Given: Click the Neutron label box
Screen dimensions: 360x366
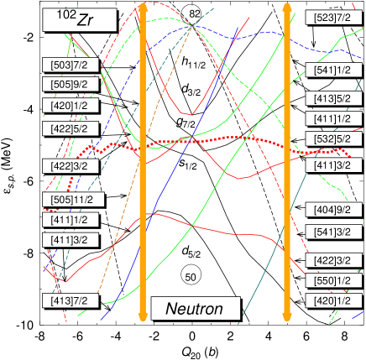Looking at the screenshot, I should click(x=195, y=309).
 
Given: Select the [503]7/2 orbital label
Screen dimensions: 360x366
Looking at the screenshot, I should click(x=71, y=65).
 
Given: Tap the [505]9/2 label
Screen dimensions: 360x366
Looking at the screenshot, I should click(x=71, y=84).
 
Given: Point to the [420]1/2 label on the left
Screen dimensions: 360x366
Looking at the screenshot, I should click(x=71, y=106).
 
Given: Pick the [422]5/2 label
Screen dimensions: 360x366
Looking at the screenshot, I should click(x=71, y=128).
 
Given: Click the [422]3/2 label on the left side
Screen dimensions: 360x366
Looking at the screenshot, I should click(x=71, y=166).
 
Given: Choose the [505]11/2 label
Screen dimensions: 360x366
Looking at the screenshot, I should click(x=73, y=200).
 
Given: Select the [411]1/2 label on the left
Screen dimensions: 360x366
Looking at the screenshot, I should click(x=71, y=220).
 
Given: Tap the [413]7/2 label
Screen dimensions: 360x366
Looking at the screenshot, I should click(x=71, y=300).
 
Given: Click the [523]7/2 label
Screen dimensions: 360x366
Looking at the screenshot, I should click(x=332, y=18).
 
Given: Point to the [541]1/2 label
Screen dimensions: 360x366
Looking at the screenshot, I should click(x=332, y=70).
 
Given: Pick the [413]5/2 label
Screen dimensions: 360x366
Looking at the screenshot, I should click(x=332, y=99).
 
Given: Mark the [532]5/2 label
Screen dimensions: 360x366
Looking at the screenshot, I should click(x=332, y=138).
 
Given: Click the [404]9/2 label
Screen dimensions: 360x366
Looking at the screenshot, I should click(x=332, y=210).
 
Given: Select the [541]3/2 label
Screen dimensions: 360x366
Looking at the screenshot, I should click(x=332, y=232).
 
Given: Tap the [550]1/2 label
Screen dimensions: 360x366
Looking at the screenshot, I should click(x=332, y=280).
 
